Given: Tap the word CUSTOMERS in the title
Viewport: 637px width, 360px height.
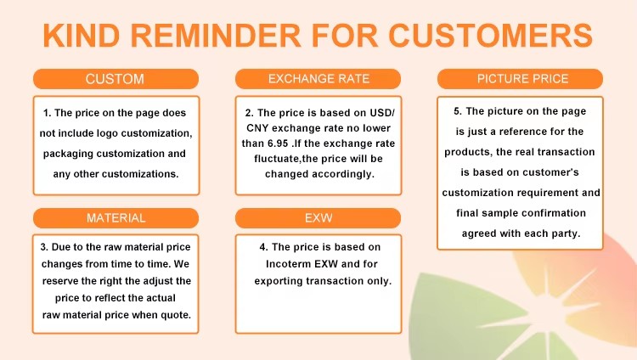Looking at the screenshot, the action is [491, 36].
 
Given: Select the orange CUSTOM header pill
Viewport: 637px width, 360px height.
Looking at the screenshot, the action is [116, 79].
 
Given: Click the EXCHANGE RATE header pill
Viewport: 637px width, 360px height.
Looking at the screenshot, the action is [318, 79].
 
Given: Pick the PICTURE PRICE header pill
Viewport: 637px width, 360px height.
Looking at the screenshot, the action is [520, 79].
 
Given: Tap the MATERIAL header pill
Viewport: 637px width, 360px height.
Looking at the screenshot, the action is [116, 218].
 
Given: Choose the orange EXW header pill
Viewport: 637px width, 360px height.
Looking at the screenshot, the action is [318, 218].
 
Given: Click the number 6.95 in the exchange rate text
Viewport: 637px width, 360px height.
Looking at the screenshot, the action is [278, 143].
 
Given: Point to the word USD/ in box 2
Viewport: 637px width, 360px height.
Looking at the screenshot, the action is [382, 113].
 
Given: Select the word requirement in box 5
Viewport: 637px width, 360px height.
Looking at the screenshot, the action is [539, 193].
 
